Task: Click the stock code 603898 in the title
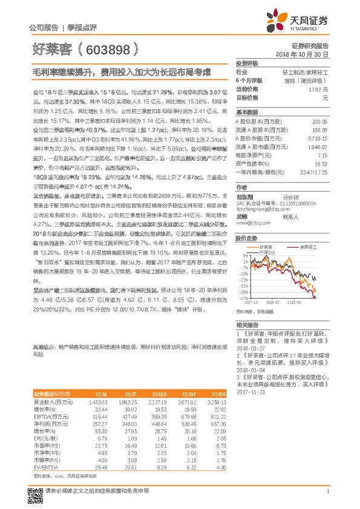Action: (106, 48)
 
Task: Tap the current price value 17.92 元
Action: (317, 88)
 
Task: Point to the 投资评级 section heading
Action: (246, 63)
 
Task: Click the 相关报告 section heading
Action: (246, 325)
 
